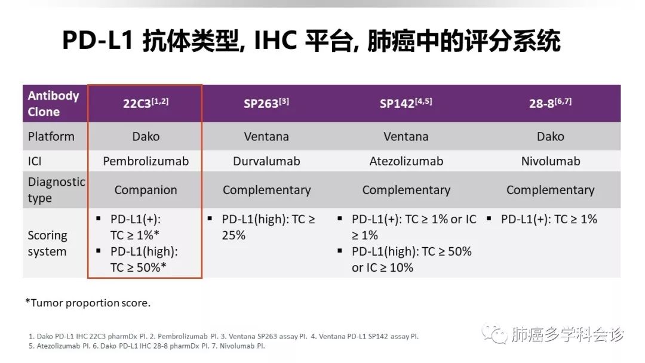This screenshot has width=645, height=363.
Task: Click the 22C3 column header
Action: [x=146, y=103]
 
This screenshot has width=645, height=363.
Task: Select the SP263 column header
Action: [x=266, y=103]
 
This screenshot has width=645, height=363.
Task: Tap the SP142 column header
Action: [x=406, y=103]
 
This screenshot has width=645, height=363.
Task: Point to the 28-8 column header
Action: [x=551, y=103]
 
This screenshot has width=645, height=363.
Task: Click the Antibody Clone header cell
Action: [x=54, y=104]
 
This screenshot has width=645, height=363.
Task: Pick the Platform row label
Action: [x=51, y=137]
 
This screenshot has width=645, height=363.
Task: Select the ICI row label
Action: [x=35, y=161]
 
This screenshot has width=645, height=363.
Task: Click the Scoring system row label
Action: [x=47, y=244]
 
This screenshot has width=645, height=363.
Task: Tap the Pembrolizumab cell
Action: [x=146, y=161]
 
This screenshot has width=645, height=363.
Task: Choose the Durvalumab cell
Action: [x=266, y=161]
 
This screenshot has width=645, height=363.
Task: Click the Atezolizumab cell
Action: [x=406, y=161]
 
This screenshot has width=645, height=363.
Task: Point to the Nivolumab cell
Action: [x=551, y=161]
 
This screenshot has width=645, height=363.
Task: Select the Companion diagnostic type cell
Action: [x=146, y=190]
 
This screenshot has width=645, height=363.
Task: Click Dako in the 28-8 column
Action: [x=551, y=137]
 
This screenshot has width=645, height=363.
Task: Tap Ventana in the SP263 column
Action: [x=266, y=137]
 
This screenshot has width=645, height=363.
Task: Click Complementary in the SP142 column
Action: [x=406, y=190]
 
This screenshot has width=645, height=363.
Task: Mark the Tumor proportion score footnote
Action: [x=88, y=303]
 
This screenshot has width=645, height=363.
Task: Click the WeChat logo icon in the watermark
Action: [x=495, y=334]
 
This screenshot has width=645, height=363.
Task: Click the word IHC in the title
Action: [x=275, y=40]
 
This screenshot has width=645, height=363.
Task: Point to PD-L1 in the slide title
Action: [x=98, y=40]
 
